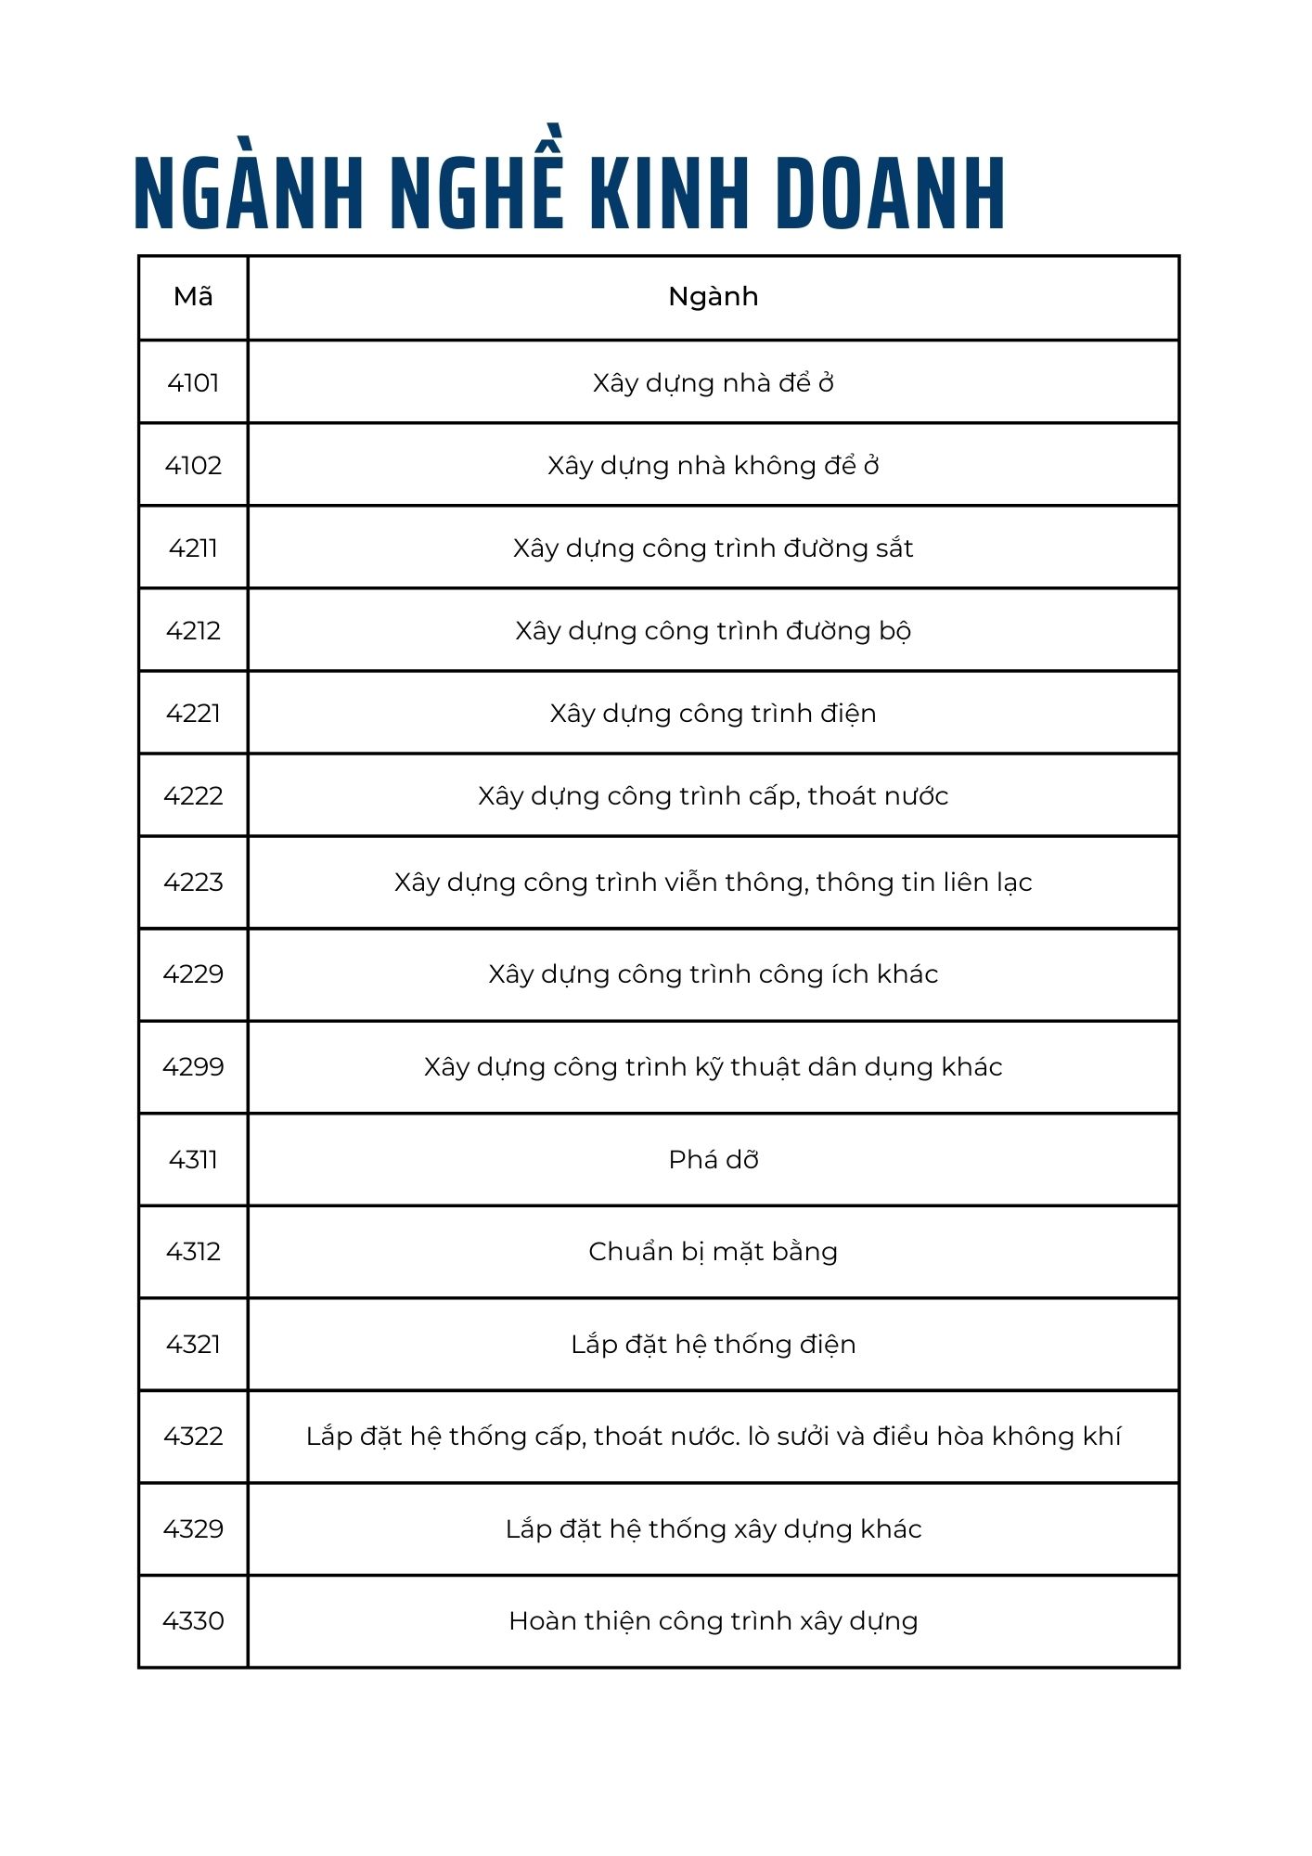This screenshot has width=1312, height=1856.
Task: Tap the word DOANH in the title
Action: (890, 192)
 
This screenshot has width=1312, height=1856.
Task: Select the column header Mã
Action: (193, 297)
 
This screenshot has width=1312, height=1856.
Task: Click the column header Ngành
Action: (713, 297)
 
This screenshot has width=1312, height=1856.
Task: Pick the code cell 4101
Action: (193, 382)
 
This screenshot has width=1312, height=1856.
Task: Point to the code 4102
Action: (193, 465)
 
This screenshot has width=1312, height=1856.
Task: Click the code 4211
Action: (193, 548)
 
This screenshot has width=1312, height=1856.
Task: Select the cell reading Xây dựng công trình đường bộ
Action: (713, 631)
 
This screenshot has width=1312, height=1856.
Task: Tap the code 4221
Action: (193, 713)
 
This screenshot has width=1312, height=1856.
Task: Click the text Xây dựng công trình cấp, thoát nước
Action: (713, 796)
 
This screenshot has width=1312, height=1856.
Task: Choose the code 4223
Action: (193, 882)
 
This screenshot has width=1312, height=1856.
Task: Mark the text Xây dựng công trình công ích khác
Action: (713, 974)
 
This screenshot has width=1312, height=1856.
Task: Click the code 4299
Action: (193, 1066)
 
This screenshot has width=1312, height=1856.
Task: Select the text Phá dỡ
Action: (713, 1160)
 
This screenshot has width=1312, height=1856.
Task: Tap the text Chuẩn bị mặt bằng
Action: (713, 1252)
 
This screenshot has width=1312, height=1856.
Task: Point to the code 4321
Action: (193, 1344)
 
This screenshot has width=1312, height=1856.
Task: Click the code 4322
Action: (193, 1436)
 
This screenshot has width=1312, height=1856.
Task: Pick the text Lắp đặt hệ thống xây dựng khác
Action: (713, 1528)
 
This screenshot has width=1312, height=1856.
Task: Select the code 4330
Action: (193, 1620)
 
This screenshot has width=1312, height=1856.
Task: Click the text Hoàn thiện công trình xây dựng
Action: (713, 1620)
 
